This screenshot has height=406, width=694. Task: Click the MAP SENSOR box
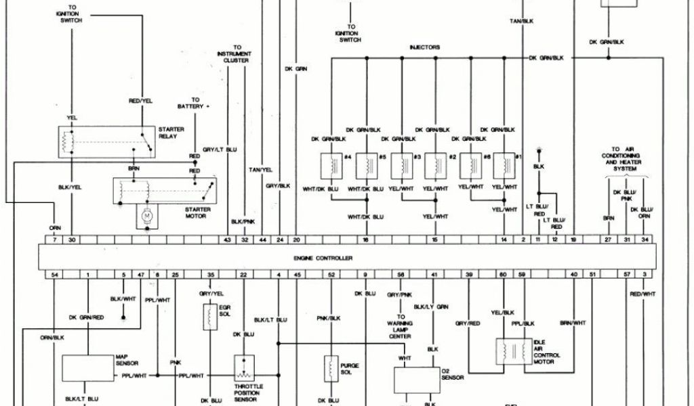coord(88,367)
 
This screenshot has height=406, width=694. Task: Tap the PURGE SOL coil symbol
coord(331,368)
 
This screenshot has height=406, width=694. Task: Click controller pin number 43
coord(228,240)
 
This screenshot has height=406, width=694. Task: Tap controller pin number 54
coord(54,275)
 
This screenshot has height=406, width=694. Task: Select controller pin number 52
coord(331,275)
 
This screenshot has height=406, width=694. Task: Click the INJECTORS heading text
coord(425,47)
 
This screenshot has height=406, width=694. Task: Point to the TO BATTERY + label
coord(195,103)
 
